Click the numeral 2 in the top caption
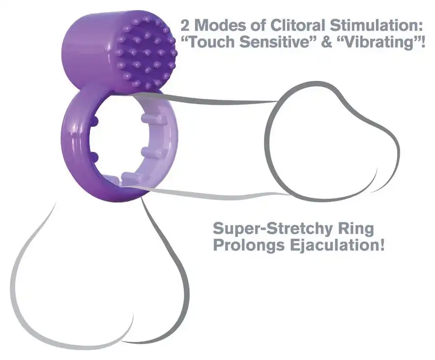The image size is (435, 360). tap(185, 25)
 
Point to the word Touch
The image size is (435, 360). tap(207, 42)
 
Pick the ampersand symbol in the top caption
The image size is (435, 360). tap(327, 42)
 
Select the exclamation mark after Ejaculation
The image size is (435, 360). tap(382, 245)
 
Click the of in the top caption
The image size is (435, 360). tap(258, 25)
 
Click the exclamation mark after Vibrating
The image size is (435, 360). tap(422, 42)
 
